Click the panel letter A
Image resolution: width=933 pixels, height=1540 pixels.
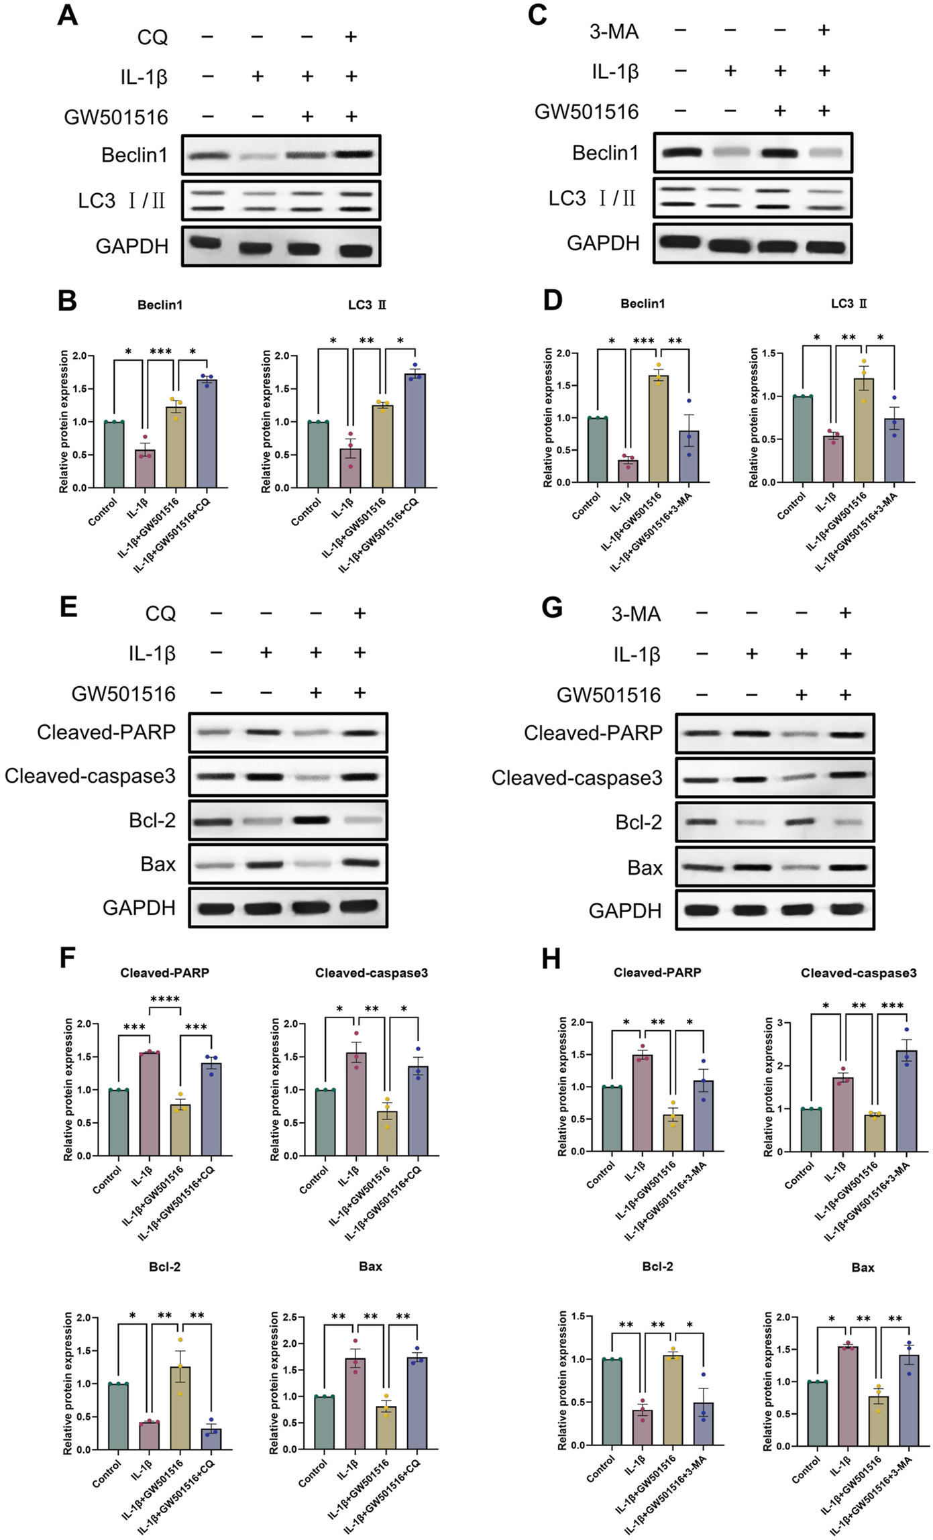click(67, 15)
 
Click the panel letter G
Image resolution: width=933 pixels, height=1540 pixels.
click(551, 608)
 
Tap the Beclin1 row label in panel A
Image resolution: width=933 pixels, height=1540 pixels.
click(134, 155)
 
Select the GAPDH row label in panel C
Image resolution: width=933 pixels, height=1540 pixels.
click(603, 243)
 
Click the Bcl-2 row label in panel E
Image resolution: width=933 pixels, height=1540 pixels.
click(152, 820)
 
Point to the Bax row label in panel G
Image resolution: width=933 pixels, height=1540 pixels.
click(645, 868)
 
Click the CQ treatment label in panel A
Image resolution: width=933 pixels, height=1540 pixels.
click(152, 37)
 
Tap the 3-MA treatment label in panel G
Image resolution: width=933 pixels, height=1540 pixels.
click(636, 614)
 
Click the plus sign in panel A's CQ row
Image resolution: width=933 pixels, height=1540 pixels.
click(350, 36)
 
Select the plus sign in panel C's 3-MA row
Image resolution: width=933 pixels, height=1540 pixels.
click(824, 30)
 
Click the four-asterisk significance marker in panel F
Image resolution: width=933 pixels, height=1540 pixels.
click(164, 999)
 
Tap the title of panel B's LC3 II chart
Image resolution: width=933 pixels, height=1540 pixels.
click(367, 305)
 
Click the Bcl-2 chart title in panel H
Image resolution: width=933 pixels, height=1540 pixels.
click(657, 1266)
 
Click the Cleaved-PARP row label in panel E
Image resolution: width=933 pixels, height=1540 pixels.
click(106, 732)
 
